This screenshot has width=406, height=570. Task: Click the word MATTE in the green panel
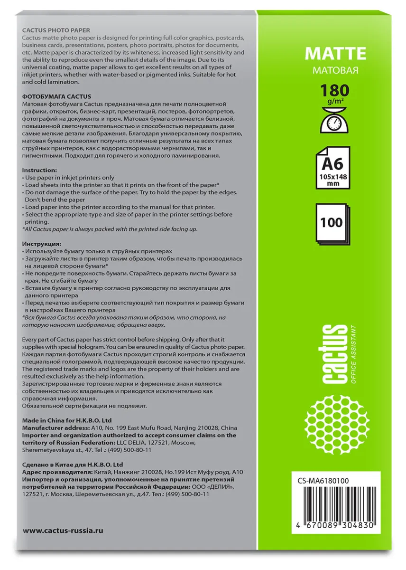click(x=335, y=54)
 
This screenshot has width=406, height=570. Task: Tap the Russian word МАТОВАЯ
click(x=335, y=70)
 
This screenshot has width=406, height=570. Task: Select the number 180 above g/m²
click(x=335, y=90)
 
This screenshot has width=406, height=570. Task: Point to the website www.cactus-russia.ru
click(x=63, y=530)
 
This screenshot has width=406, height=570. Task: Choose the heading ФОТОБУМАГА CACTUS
click(x=56, y=96)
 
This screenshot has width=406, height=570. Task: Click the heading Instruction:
click(x=40, y=170)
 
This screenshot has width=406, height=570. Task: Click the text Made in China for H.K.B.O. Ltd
click(x=67, y=420)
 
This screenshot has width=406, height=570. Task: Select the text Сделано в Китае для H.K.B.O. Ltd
click(x=73, y=464)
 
